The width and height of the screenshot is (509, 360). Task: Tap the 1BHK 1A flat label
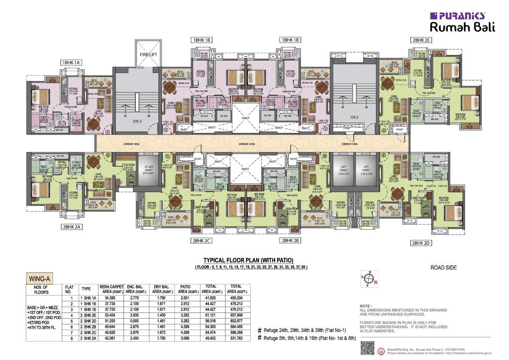71,62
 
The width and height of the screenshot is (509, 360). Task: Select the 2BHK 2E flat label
421,40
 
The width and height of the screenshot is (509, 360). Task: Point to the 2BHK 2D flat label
421,243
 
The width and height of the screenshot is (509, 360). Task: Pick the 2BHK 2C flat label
201,240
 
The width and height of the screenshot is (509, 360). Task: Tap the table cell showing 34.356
110,298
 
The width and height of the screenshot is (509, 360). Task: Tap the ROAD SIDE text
443,268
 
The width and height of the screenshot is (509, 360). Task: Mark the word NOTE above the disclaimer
365,305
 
